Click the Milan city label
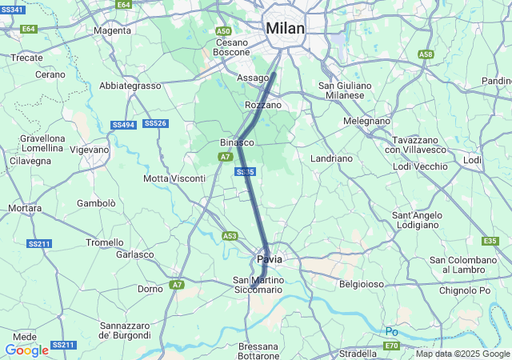point(286,28)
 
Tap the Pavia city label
point(269,260)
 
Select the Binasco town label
point(237,142)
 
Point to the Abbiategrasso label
point(130,86)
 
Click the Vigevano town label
point(89,150)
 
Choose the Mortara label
point(24,208)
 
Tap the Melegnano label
point(366,121)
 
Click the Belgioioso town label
point(362,284)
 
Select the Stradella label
point(358,353)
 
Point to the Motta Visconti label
point(174,178)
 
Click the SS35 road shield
point(246,172)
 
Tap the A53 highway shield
point(230,235)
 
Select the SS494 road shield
point(122,125)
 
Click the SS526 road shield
point(155,123)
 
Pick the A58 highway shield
point(426,54)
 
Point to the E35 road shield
point(490,241)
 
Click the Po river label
point(391,331)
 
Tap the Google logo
point(26,350)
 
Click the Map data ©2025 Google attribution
point(462,354)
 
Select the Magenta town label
point(112,30)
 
